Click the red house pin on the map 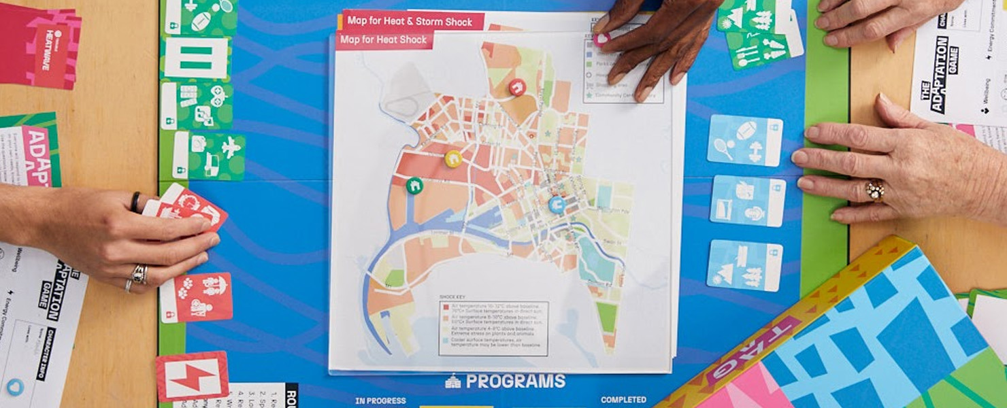click(x=517, y=87)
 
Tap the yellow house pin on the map click(x=453, y=159)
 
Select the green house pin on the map click(x=414, y=185)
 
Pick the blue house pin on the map click(x=557, y=204)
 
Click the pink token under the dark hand click(x=601, y=39)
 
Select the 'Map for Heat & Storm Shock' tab click(x=412, y=20)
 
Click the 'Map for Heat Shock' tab click(x=384, y=40)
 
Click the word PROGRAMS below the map click(x=514, y=381)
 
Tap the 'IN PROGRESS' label click(x=380, y=401)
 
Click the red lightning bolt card click(x=192, y=376)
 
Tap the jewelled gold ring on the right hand click(x=874, y=191)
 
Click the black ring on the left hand click(x=135, y=201)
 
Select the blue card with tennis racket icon click(x=744, y=141)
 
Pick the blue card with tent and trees click(x=744, y=265)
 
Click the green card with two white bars click(x=196, y=58)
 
